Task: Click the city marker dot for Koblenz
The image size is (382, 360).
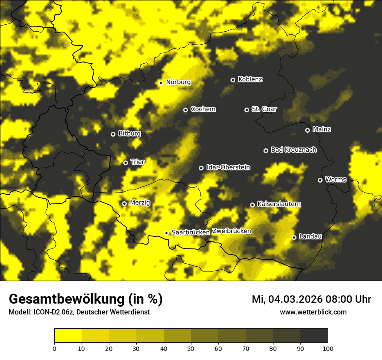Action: [x=233, y=80]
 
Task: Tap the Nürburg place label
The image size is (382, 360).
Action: [x=178, y=82]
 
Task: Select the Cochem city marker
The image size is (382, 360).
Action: [x=185, y=110]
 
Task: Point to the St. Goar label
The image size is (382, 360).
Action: [x=264, y=109]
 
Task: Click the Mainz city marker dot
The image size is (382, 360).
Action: [x=307, y=130]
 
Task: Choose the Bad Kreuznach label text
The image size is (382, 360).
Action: [x=293, y=150]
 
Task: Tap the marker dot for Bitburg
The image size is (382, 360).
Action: [x=113, y=134]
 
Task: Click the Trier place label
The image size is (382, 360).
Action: [x=138, y=162]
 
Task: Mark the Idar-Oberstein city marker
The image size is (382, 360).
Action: [x=201, y=168]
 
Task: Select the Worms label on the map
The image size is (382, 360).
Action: [x=336, y=179]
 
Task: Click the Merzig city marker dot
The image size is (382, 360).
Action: [x=124, y=203]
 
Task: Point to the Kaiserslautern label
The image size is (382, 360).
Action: [x=279, y=204]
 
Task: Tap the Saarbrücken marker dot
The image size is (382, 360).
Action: [x=166, y=233]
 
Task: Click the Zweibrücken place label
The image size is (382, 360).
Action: [x=231, y=231]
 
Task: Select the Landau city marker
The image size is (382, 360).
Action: [x=294, y=237]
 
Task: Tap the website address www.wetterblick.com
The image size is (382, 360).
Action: [x=313, y=312]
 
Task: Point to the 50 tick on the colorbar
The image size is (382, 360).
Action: [x=191, y=348]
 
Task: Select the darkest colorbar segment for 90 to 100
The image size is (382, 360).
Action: [x=314, y=335]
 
